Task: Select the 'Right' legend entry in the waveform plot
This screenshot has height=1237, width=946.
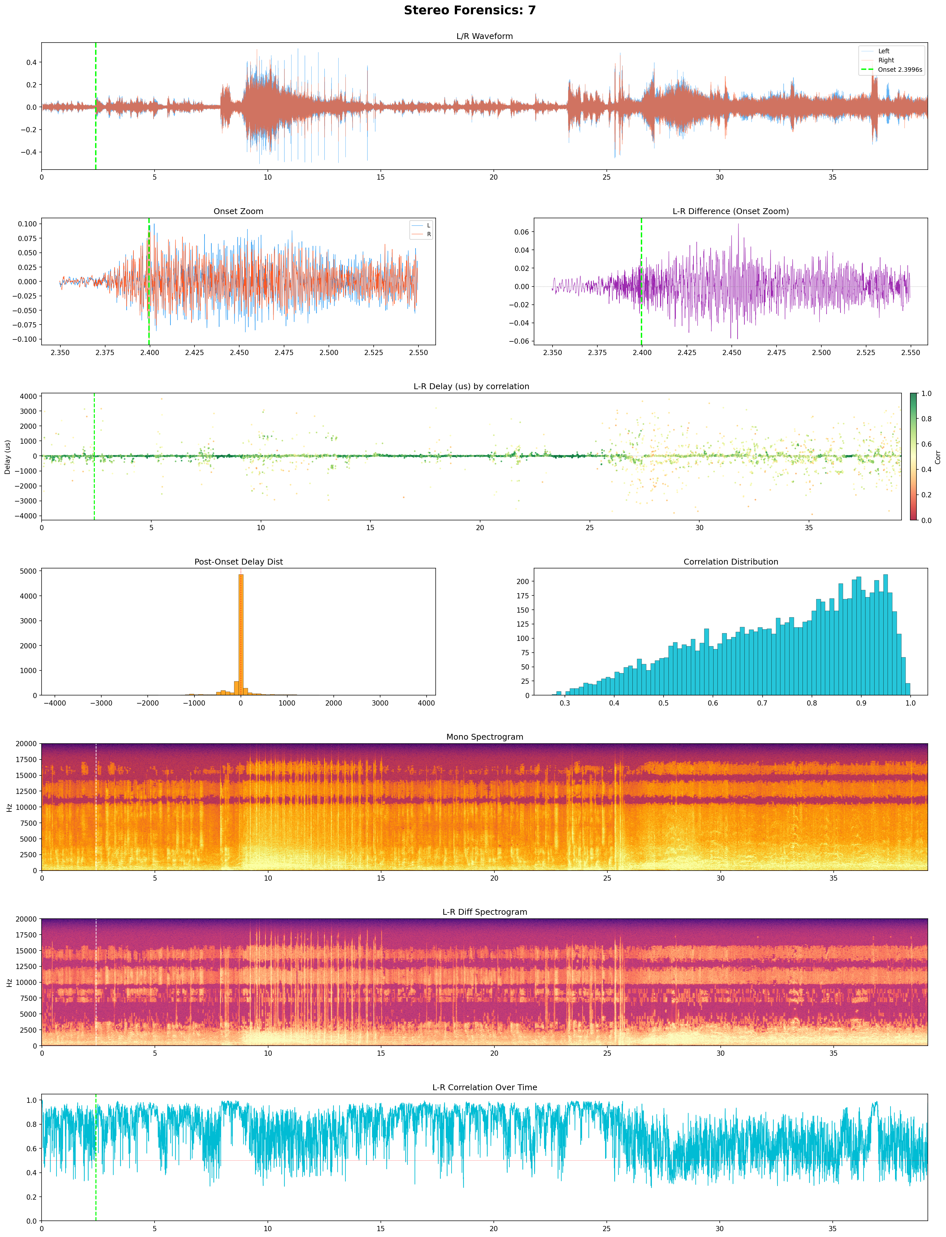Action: pyautogui.click(x=886, y=60)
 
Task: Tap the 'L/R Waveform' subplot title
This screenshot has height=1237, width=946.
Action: pyautogui.click(x=484, y=36)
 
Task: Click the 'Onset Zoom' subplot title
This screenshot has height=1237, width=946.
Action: pyautogui.click(x=238, y=211)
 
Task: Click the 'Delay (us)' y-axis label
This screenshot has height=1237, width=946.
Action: pyautogui.click(x=8, y=457)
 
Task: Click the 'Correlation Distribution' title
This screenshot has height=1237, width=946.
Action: pyautogui.click(x=730, y=562)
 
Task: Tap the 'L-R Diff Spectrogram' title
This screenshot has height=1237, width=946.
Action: pyautogui.click(x=484, y=912)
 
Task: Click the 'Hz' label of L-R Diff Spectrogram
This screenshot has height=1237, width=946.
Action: pyautogui.click(x=9, y=982)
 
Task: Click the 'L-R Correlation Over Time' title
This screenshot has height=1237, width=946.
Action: pyautogui.click(x=484, y=1087)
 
